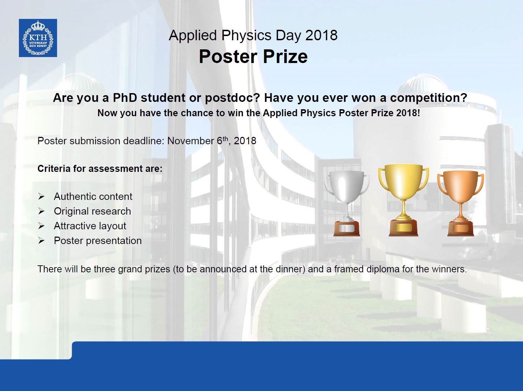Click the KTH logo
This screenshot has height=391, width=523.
tap(38, 38)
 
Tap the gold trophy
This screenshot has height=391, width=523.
tap(403, 200)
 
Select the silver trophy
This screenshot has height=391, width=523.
tap(347, 204)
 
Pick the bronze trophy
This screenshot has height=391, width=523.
tap(460, 203)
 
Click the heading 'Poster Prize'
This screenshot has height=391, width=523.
tap(253, 57)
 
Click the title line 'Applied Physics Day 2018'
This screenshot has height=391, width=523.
tap(253, 35)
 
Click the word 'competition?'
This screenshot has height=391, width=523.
tap(428, 98)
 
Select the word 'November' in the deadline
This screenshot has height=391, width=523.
tap(191, 141)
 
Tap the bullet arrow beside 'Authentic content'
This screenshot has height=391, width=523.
tap(41, 197)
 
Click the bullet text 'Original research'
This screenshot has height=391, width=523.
tap(92, 211)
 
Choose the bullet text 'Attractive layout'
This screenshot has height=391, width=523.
tap(90, 226)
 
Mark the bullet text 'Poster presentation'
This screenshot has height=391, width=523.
tap(98, 241)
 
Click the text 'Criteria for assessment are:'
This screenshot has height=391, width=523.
tap(100, 169)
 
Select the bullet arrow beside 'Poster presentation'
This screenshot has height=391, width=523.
tap(41, 241)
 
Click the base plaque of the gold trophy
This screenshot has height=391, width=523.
tap(403, 228)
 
